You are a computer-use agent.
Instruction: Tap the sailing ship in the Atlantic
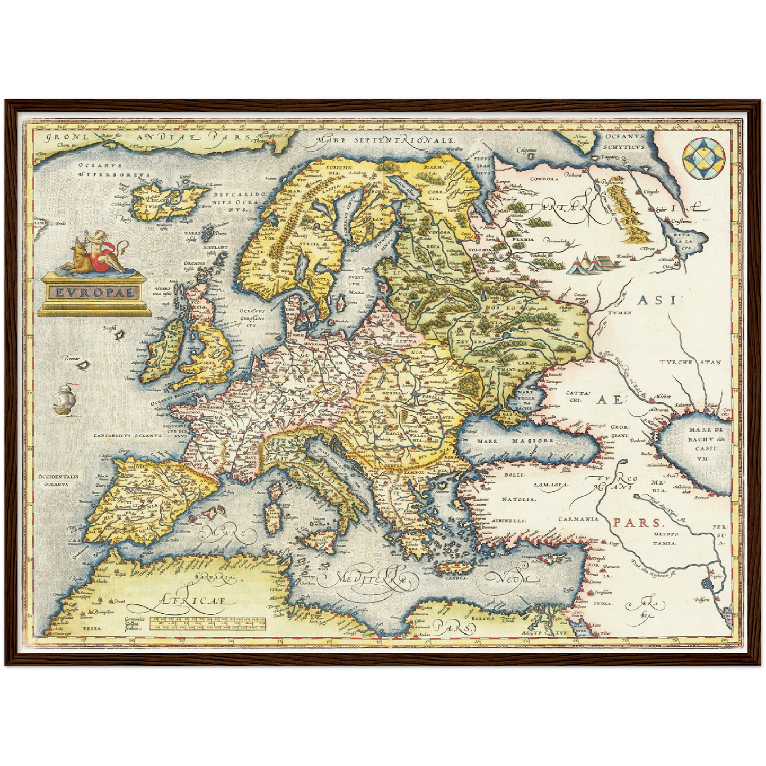[x=64, y=399]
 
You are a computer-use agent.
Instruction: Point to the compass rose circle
[x=704, y=159]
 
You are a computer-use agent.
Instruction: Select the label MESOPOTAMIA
[x=664, y=539]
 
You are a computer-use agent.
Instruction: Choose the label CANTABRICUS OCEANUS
[x=127, y=436]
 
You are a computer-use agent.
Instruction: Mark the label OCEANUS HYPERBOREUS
[x=114, y=170]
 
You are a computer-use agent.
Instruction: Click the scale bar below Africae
[x=207, y=623]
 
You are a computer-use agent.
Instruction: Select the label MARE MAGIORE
[x=515, y=440]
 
